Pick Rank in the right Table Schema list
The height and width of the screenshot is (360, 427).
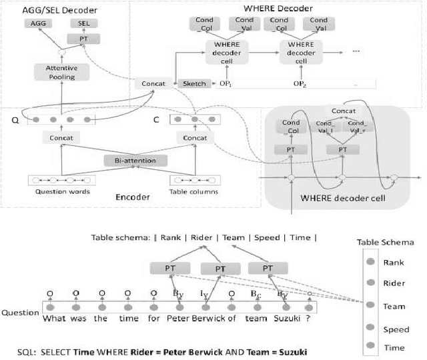pyautogui.click(x=394, y=263)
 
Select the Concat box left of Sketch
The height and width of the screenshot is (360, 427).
pyautogui.click(x=150, y=83)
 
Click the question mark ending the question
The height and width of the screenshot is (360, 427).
pyautogui.click(x=309, y=319)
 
